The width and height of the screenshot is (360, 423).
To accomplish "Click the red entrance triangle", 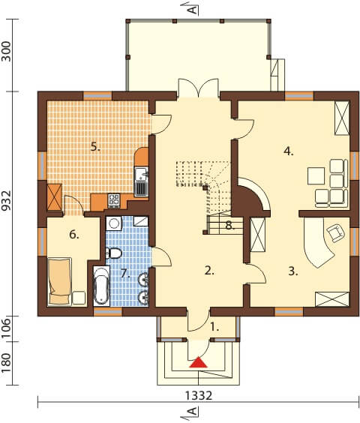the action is click(x=198, y=362).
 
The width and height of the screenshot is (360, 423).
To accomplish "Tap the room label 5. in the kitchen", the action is click(x=95, y=147).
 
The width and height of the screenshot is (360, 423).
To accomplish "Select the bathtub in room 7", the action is click(x=101, y=286).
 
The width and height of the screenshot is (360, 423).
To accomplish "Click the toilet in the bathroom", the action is click(x=113, y=253).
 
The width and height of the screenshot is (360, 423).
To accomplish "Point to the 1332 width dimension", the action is click(x=199, y=396).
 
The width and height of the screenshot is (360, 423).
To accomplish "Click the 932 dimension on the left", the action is click(x=6, y=201).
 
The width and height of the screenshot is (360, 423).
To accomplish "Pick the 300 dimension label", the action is click(x=6, y=51).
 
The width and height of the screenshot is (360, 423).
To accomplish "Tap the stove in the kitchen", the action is click(x=113, y=200).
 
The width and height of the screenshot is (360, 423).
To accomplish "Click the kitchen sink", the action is click(x=141, y=174).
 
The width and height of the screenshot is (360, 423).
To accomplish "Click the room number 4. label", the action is click(x=288, y=151).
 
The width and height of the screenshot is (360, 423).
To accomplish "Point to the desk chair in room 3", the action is click(x=336, y=232).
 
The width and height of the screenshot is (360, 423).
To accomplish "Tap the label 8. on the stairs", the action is click(x=230, y=226).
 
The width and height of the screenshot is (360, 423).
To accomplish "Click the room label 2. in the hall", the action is click(x=209, y=271).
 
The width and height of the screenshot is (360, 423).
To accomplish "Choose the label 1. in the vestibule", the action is click(x=214, y=327).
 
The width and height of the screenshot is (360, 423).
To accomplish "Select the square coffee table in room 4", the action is click(x=316, y=175).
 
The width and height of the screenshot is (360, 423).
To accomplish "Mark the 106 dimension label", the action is click(x=6, y=328).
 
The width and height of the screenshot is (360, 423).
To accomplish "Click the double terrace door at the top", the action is click(x=199, y=88).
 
